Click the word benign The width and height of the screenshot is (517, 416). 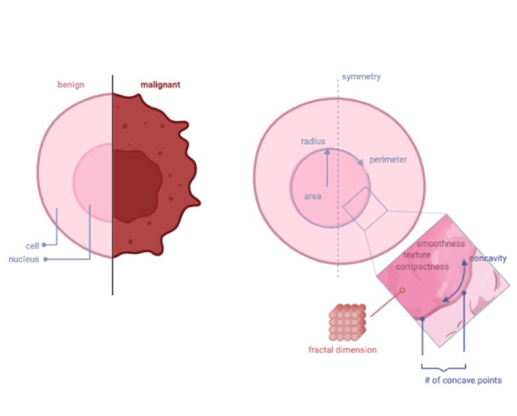tap(71, 85)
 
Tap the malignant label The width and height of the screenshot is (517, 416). tap(160, 85)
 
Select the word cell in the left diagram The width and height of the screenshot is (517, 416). tap(32, 246)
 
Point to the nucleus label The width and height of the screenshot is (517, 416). tap(24, 259)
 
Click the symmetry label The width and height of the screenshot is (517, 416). tap(361, 77)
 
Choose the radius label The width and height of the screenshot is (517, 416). tap(313, 142)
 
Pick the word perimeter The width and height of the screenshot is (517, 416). tap(388, 160)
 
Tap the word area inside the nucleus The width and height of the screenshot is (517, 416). tap(312, 196)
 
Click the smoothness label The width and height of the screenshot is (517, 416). tap(440, 244)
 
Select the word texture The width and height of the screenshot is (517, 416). tap(417, 255)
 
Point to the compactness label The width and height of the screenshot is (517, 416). tap(422, 267)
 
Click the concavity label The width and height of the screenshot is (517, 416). tap(488, 259)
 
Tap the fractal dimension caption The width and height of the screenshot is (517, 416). tap(342, 349)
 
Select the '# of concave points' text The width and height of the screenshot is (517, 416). tap(463, 380)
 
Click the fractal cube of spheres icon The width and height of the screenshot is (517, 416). tap(347, 323)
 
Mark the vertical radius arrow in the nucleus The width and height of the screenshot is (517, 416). tap(327, 168)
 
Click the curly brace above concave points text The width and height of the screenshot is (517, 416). tap(444, 368)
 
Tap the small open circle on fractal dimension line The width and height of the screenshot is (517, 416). tap(402, 290)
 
